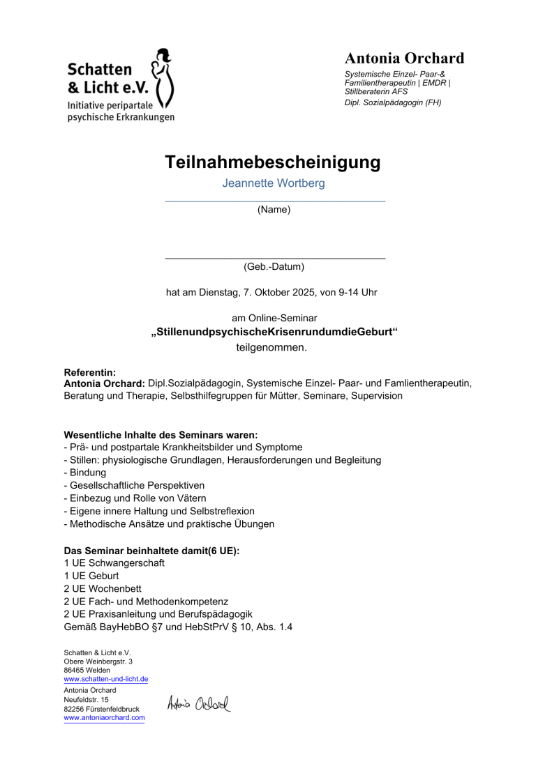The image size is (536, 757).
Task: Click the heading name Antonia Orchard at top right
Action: click(404, 59)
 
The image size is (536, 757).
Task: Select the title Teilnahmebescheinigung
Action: click(273, 163)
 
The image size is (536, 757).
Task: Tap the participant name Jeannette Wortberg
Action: click(274, 184)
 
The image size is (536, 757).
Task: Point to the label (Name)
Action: click(274, 209)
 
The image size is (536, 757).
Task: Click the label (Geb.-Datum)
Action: click(274, 266)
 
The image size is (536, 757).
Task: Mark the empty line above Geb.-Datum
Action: click(275, 258)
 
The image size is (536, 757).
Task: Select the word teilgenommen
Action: click(271, 346)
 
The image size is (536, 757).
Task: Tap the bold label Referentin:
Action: click(89, 373)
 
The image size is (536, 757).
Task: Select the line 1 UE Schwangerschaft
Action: click(114, 563)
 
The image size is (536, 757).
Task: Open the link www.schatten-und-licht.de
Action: click(105, 680)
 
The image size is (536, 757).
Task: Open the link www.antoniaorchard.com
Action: click(104, 717)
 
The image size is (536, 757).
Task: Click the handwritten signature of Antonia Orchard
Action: click(198, 703)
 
